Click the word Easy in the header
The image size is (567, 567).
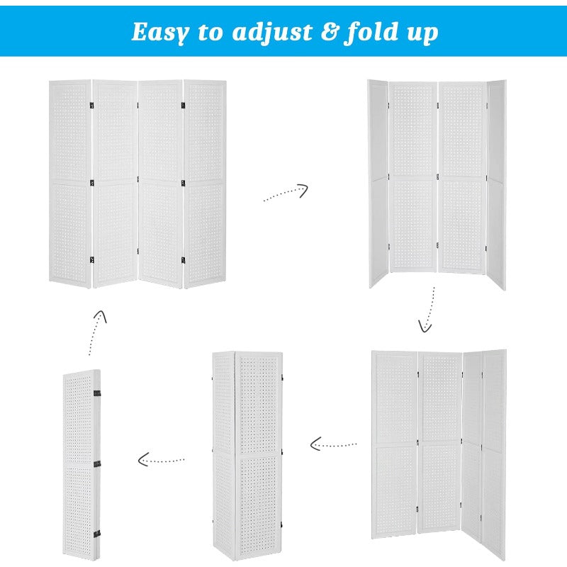click(159, 32)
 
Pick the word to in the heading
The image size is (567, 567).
click(208, 32)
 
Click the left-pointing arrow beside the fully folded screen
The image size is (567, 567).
click(161, 460)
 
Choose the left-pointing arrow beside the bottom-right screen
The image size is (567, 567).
click(333, 444)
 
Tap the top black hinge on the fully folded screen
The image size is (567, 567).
click(97, 392)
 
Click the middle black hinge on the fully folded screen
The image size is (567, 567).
click(97, 464)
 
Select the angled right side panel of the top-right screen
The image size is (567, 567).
click(496, 184)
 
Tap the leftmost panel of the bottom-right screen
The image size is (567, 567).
click(395, 443)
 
